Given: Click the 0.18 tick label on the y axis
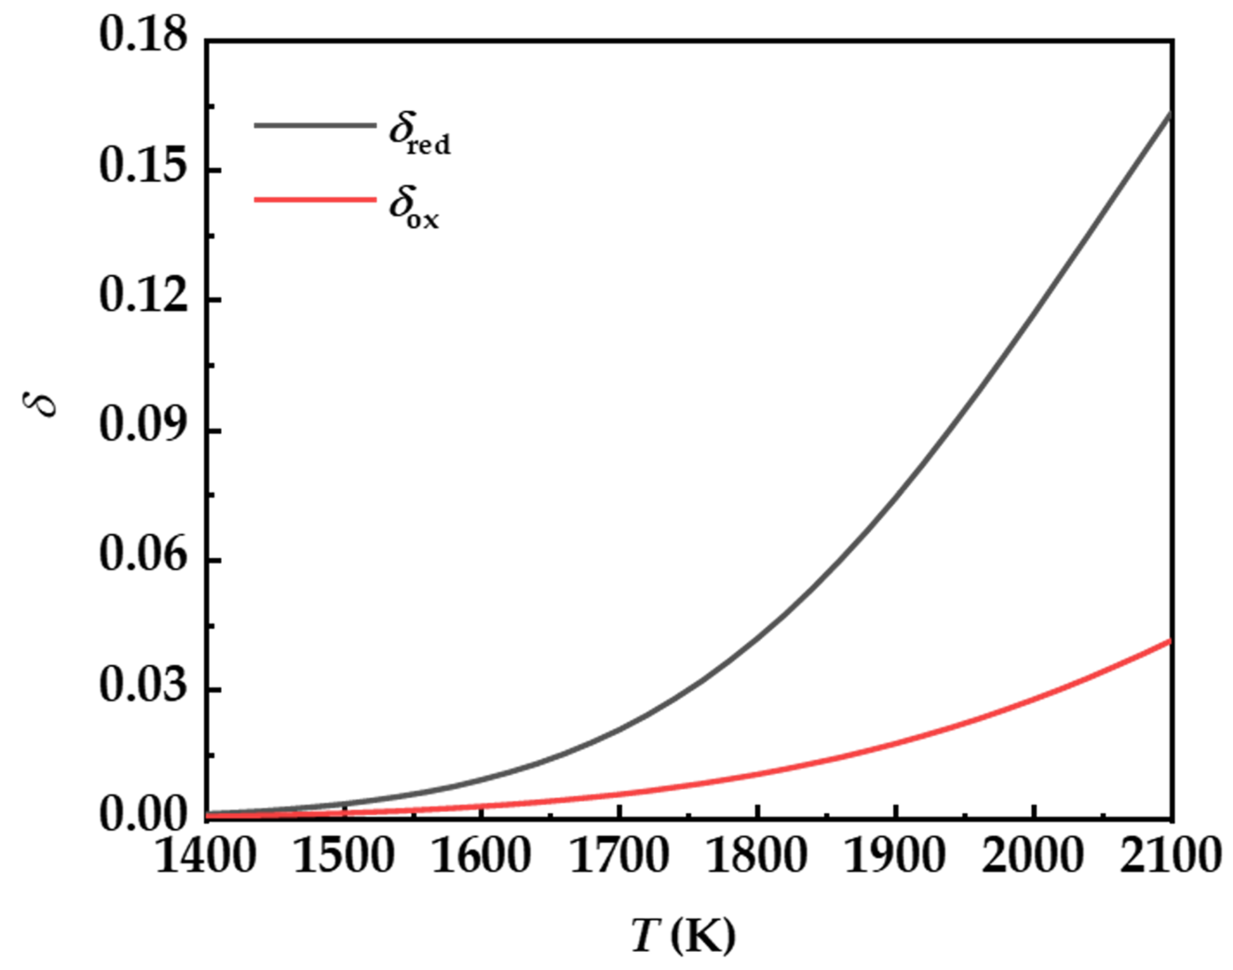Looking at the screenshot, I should tap(143, 35).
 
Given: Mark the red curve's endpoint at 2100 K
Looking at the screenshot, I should tap(1170, 641).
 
